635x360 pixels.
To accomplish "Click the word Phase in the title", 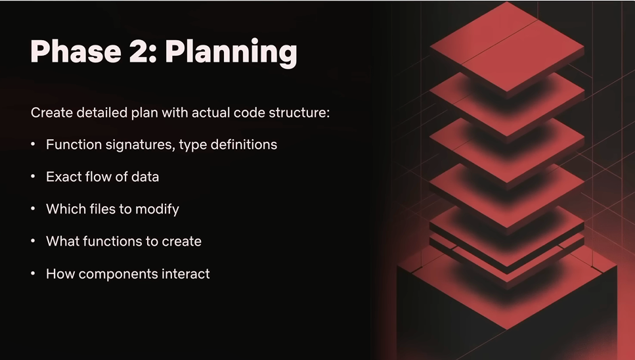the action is tap(76, 51).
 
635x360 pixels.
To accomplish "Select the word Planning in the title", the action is tap(231, 53).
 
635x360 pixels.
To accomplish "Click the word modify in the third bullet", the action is tap(157, 210).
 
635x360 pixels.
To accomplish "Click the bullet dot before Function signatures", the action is tap(33, 144).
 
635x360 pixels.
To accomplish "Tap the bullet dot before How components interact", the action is tap(33, 273).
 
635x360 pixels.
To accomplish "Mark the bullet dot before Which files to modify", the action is tap(33, 208).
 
